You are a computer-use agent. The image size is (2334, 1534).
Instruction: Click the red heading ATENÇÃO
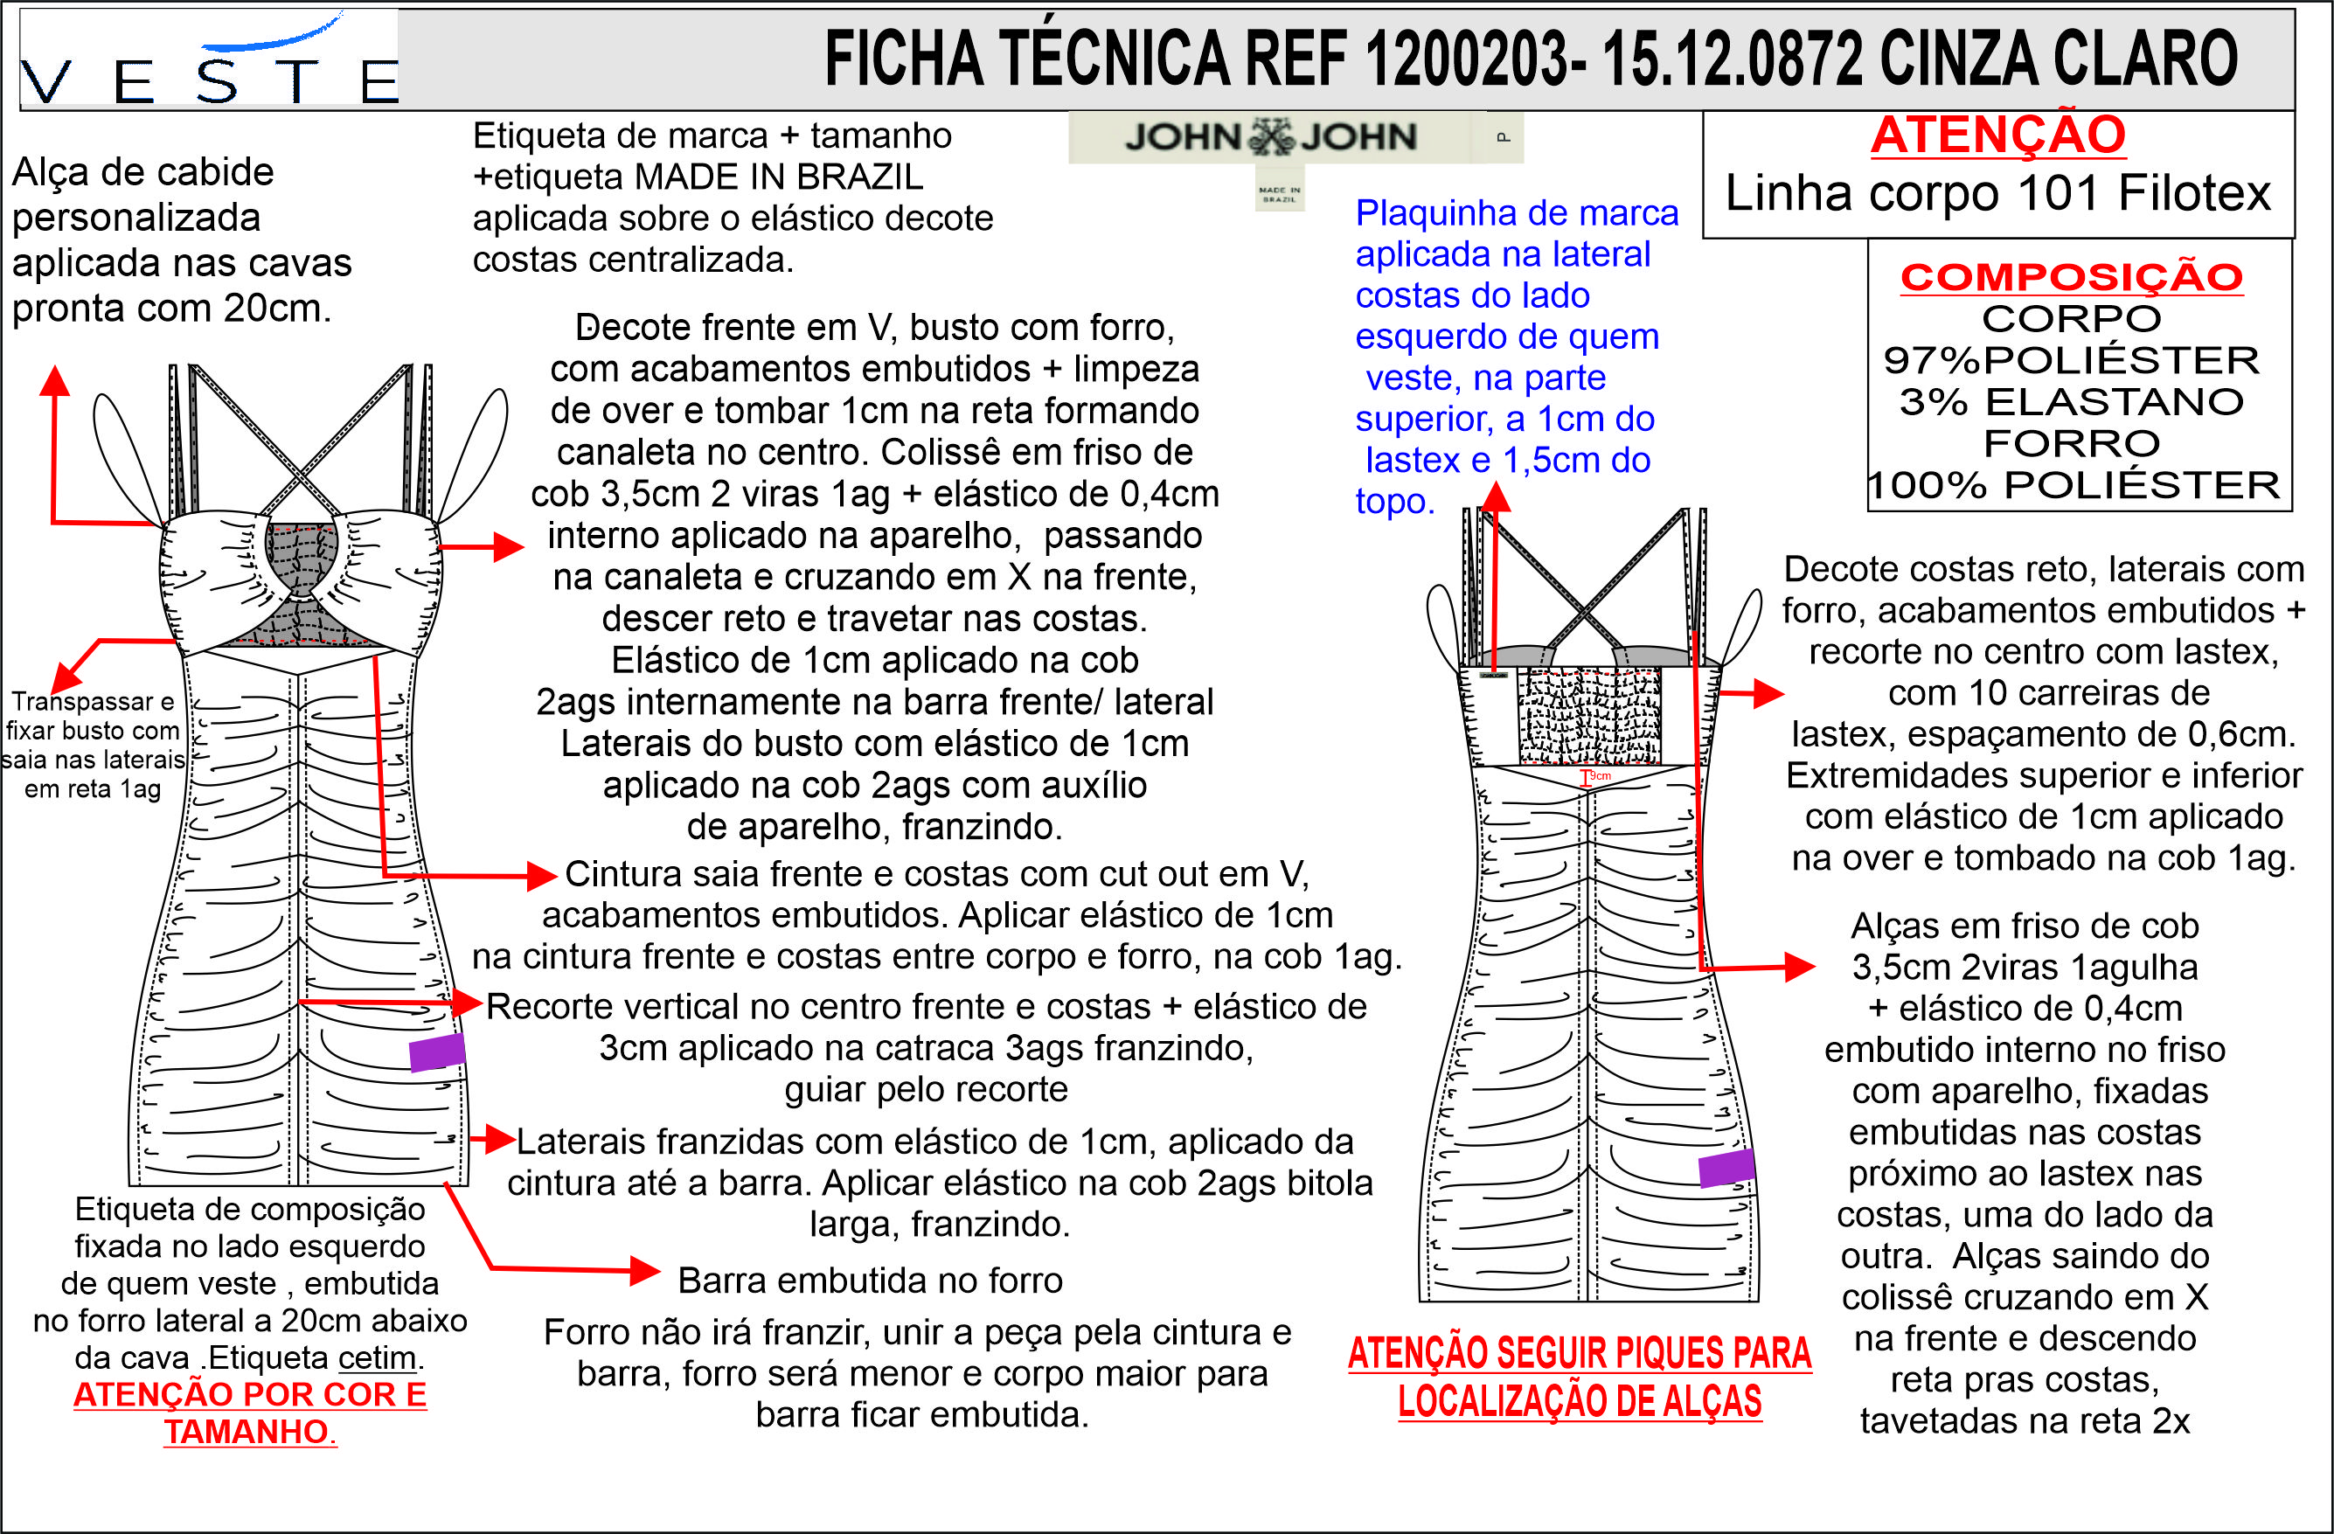(1997, 135)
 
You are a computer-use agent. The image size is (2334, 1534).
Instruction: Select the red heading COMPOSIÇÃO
(2071, 278)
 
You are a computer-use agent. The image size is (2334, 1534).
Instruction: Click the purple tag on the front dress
(436, 1052)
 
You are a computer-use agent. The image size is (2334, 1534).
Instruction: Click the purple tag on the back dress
(1725, 1168)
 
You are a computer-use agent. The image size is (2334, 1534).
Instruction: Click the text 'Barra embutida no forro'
(870, 1280)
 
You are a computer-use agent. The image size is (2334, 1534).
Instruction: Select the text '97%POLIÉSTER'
(2071, 361)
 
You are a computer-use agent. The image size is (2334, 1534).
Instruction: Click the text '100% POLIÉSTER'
(2074, 485)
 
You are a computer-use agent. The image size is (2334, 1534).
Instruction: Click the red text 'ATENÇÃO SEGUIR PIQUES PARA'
(1579, 1354)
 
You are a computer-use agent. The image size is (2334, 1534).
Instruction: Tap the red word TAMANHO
(249, 1432)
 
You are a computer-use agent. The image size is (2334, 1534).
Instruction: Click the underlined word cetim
(378, 1357)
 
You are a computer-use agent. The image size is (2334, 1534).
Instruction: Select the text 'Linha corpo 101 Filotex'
(1997, 193)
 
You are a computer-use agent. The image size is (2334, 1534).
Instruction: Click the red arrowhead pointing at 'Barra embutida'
(645, 1271)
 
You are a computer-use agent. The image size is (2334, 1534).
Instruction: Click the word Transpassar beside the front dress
(92, 701)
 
